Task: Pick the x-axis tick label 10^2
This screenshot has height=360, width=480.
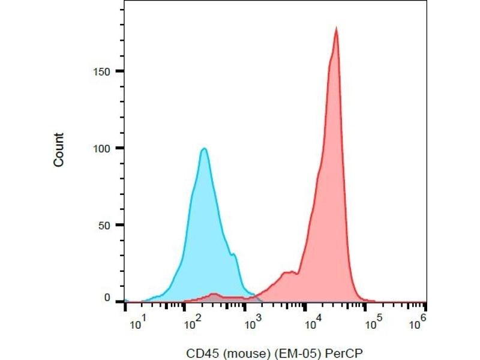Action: point(193,325)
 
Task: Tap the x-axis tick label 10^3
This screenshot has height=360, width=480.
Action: point(253,325)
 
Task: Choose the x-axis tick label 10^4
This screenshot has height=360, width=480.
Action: point(312,325)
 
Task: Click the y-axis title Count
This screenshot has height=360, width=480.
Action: point(59,149)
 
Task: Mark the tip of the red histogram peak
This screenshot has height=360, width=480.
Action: point(336,28)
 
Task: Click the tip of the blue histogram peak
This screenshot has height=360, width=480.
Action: point(204,148)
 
